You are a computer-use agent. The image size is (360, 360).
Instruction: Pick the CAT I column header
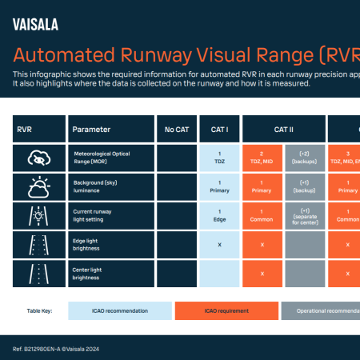[219, 129]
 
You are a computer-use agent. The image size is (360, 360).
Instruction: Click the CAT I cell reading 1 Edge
[219, 216]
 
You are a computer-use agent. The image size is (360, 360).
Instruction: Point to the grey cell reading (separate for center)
[305, 216]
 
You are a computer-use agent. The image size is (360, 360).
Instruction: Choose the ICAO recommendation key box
[119, 310]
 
